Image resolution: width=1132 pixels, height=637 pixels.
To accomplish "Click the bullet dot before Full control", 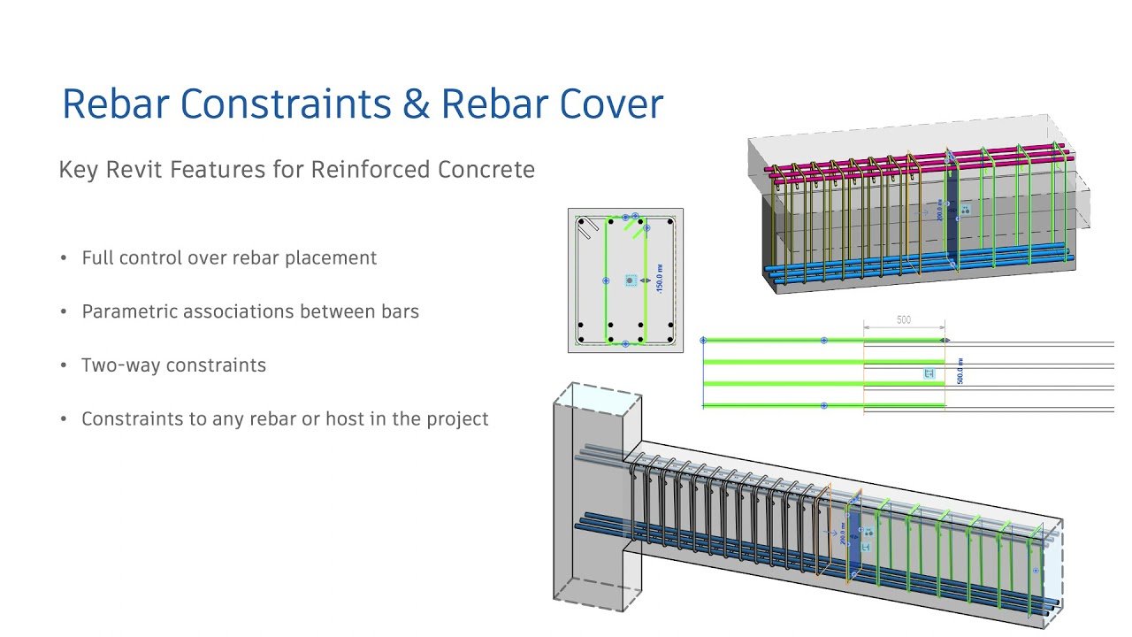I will click(x=64, y=258).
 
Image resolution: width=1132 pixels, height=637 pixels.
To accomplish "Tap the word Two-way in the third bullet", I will click(x=119, y=365).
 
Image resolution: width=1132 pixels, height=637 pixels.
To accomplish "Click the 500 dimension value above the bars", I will click(x=903, y=320).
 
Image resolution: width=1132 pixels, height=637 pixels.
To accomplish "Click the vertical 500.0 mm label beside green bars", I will click(x=960, y=371).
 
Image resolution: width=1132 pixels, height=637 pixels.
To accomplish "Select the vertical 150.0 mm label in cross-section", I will click(x=660, y=280).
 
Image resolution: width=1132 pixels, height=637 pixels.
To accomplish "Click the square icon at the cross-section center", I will click(x=631, y=280).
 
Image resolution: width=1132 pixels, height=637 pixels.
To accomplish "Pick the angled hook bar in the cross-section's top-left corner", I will click(x=585, y=229).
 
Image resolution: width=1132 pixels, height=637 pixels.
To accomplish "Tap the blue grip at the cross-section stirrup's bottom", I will click(x=625, y=343).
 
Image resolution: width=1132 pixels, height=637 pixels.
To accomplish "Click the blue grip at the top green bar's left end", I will click(x=703, y=341).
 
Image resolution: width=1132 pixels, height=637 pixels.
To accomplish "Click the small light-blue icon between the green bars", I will click(x=929, y=374).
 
